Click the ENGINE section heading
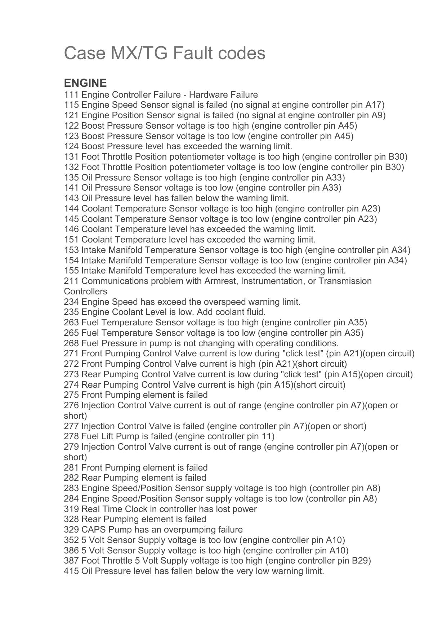click(85, 83)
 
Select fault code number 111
click(71, 95)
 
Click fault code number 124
click(71, 146)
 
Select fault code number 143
click(71, 198)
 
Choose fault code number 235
click(71, 312)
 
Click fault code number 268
click(71, 343)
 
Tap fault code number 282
click(71, 478)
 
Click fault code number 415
click(71, 571)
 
